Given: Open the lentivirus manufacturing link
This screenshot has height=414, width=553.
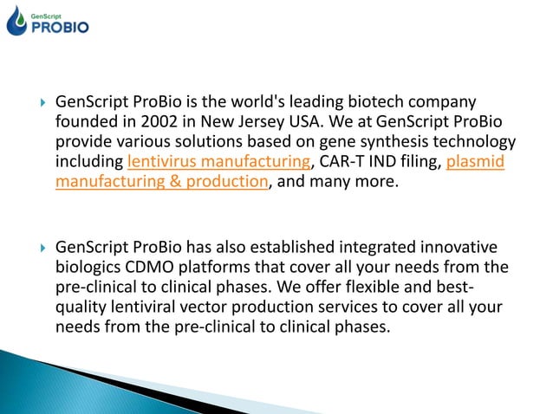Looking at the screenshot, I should pyautogui.click(x=218, y=161).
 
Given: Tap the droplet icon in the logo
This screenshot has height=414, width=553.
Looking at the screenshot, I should pyautogui.click(x=16, y=19).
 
